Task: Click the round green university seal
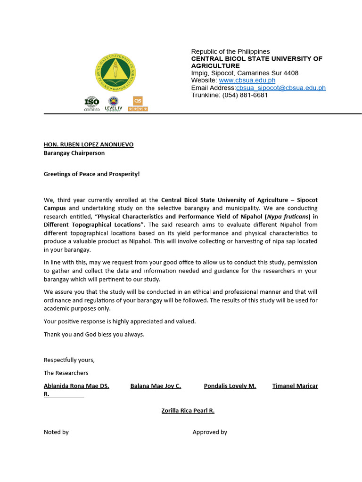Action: coord(115,72)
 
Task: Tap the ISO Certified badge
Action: coord(92,104)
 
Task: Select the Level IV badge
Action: coord(113,104)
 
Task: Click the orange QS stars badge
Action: coord(138,104)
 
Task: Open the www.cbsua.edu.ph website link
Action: coord(247,80)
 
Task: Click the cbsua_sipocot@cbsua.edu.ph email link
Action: coord(280,88)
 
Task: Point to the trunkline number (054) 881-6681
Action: coord(245,95)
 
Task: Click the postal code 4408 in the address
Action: coord(290,73)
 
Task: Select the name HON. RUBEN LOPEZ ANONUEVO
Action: coord(89,145)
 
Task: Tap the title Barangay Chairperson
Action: coord(74,153)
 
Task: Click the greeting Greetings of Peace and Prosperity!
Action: coord(91,174)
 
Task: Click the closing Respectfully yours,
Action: coord(69,360)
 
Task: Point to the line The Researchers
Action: coord(66,373)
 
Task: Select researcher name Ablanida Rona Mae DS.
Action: coord(76,386)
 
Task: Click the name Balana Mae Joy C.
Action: coord(156,386)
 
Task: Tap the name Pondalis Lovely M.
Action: coord(230,386)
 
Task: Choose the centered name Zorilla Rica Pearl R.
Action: coord(188,410)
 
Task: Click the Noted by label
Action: coord(56,432)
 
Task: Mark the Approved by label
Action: coord(210,432)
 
